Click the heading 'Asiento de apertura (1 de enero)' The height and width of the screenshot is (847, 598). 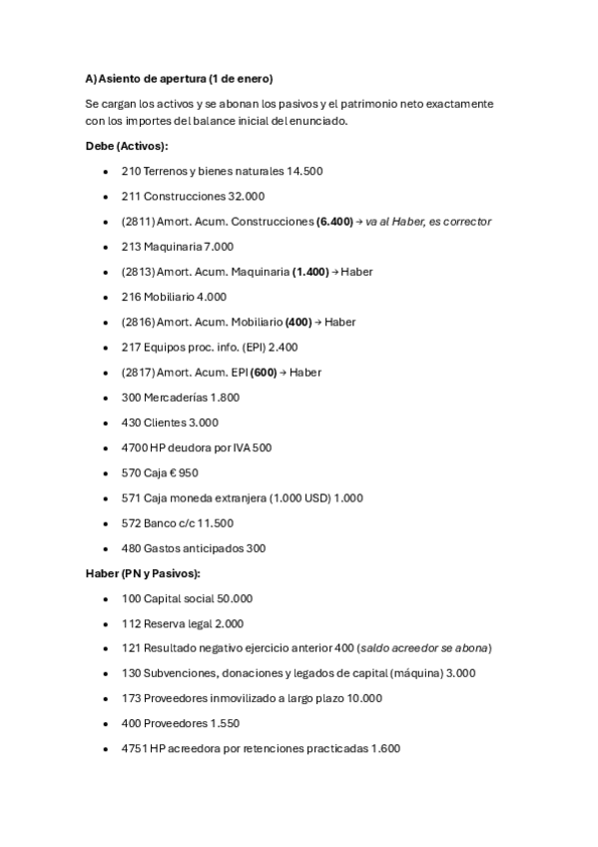tap(185, 78)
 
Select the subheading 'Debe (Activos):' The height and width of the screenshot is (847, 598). tap(127, 146)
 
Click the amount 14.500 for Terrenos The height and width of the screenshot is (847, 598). tap(304, 171)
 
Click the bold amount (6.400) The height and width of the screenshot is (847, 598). tap(334, 222)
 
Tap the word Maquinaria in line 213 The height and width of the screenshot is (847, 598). tap(174, 247)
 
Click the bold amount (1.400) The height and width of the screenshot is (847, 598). tap(310, 272)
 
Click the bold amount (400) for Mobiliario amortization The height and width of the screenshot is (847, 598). tap(299, 322)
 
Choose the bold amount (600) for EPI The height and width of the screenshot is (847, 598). tap(264, 373)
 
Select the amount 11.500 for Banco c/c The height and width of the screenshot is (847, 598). tap(215, 523)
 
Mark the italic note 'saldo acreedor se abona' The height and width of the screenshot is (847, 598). tap(423, 648)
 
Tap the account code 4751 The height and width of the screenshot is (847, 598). tap(134, 748)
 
